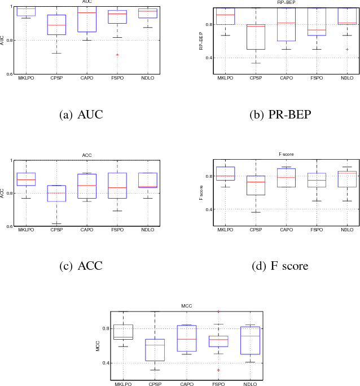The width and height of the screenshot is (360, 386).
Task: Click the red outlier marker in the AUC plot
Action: point(117,55)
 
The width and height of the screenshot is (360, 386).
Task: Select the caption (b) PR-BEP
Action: point(280,116)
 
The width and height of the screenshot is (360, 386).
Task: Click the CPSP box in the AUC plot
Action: point(56,25)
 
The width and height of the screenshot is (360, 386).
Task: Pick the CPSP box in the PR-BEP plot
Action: point(256,37)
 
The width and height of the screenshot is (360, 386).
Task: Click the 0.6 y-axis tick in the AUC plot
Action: point(8,74)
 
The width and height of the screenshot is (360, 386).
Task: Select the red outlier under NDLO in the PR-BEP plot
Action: point(347,49)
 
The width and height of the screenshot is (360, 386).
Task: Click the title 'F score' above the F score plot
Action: point(286,154)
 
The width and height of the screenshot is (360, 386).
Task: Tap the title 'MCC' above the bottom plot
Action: point(186,306)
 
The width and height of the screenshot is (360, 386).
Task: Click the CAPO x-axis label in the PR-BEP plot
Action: point(286,77)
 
